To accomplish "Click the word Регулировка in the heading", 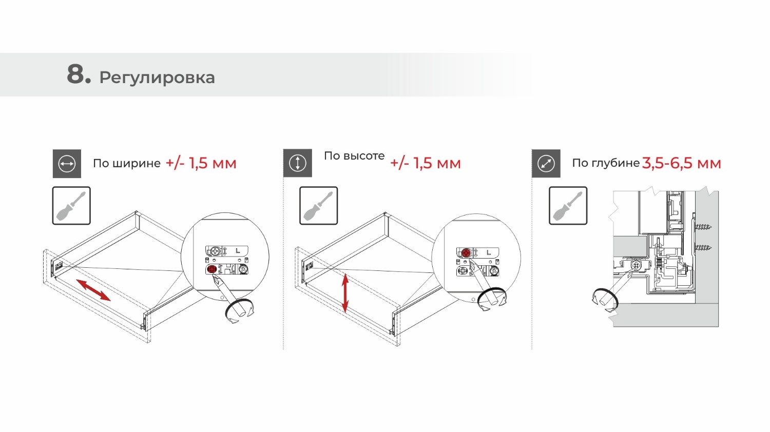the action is (x=157, y=78).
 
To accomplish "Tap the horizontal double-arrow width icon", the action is (x=67, y=164).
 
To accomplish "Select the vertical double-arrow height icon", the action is (x=298, y=163).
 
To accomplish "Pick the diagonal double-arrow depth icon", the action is (x=546, y=163).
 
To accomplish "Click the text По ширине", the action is (x=126, y=163).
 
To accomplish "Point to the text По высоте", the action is (x=354, y=156).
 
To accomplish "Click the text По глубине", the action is (x=606, y=163).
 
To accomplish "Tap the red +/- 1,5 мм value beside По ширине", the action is (x=201, y=163).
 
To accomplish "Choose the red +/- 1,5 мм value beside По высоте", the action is (x=426, y=163).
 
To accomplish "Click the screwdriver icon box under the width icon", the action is (x=71, y=206).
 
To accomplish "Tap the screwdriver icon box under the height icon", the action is (x=319, y=206).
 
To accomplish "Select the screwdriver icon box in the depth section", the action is (x=568, y=206).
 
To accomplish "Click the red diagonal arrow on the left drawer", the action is (x=93, y=290).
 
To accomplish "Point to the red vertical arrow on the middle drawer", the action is (x=345, y=293).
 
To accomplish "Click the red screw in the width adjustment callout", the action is (x=212, y=269).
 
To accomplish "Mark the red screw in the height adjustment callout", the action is (x=466, y=253).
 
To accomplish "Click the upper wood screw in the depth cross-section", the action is (x=702, y=227).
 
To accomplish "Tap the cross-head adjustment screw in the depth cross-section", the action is (x=636, y=265).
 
